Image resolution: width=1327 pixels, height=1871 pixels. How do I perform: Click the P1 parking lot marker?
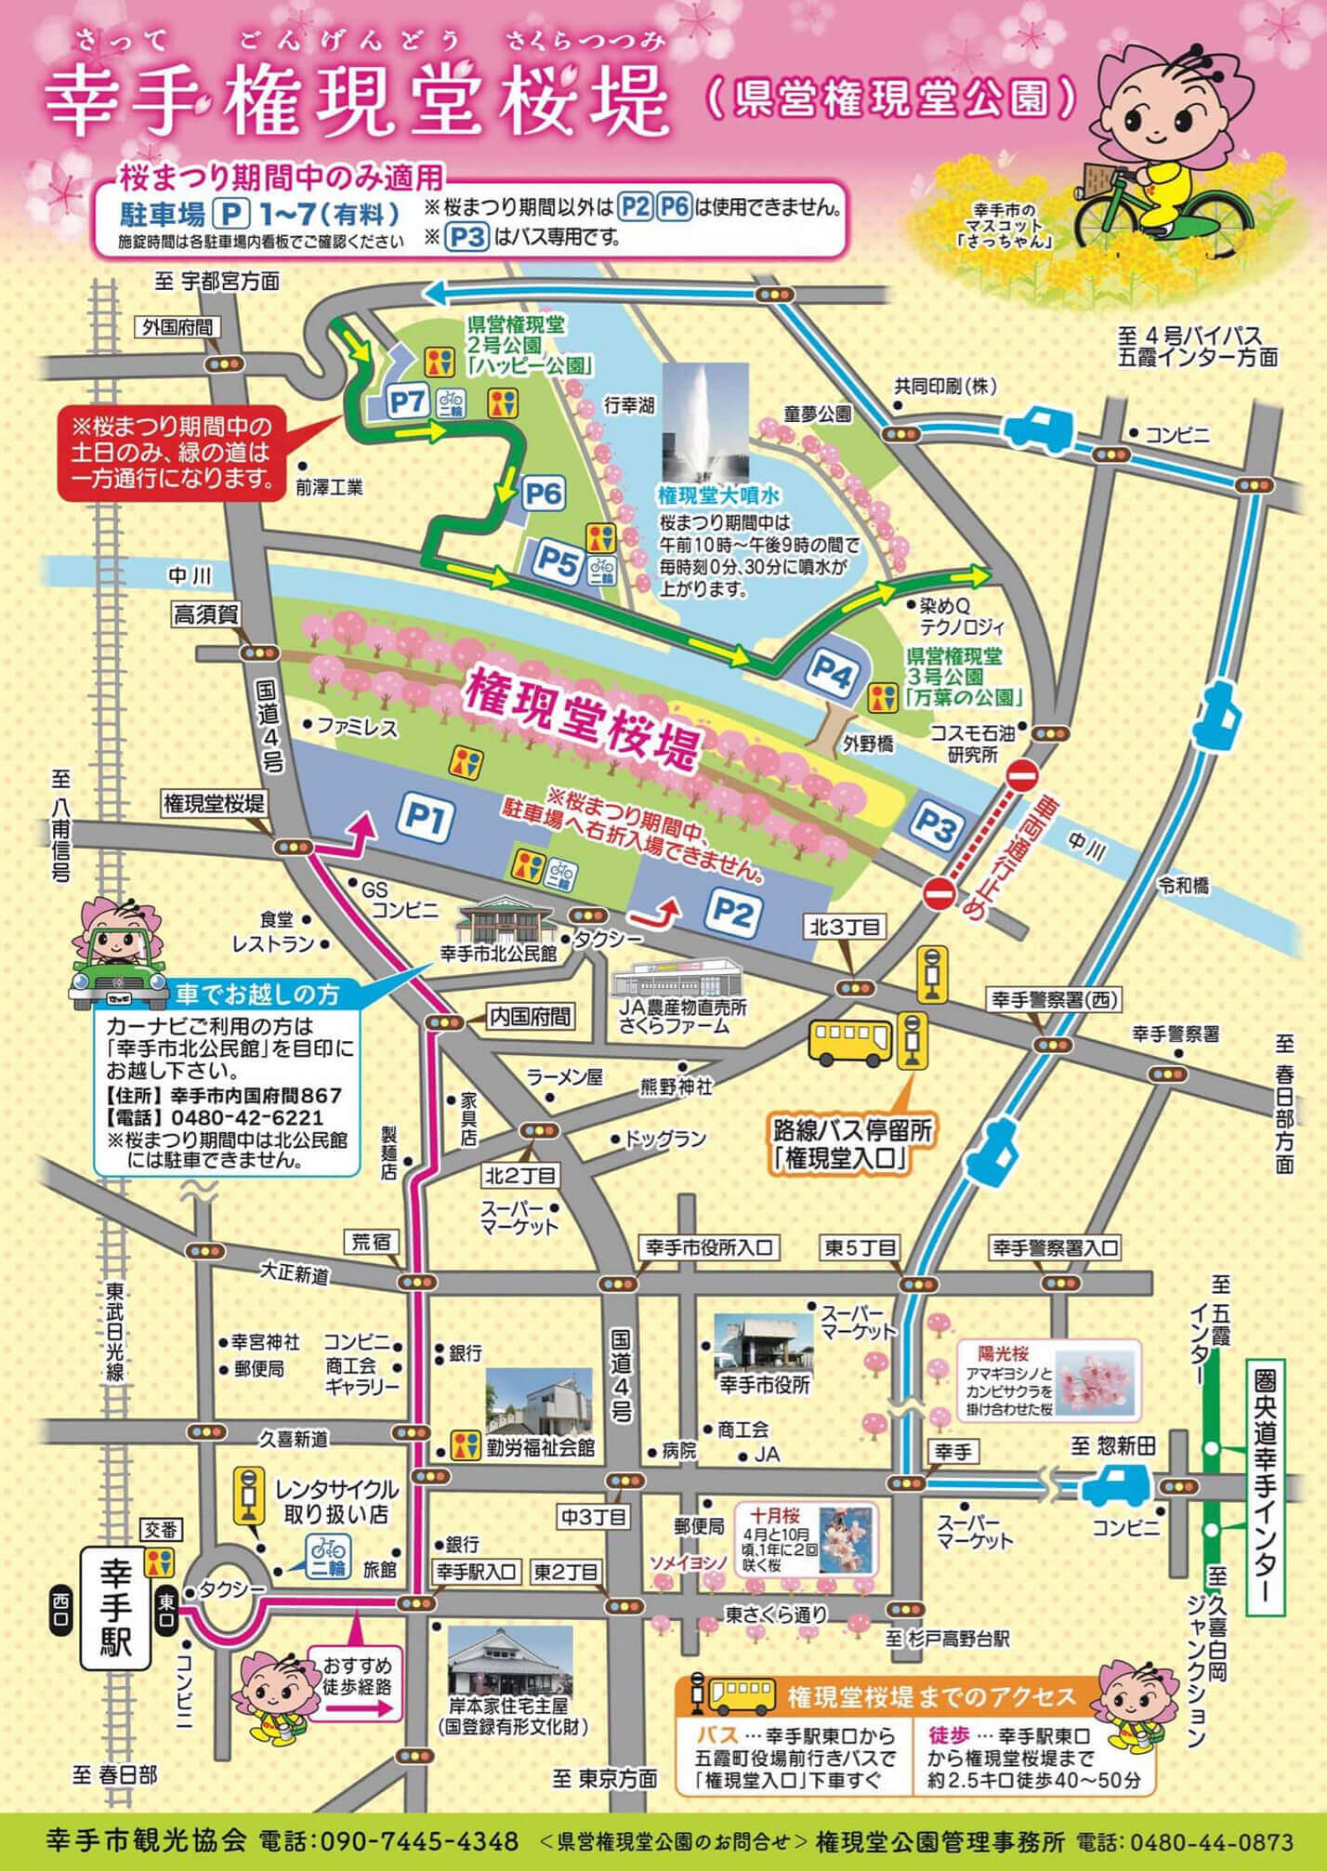point(426,818)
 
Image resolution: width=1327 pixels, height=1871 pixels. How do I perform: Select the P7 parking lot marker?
point(407,402)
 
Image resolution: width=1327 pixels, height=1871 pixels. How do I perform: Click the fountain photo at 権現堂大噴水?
point(705,421)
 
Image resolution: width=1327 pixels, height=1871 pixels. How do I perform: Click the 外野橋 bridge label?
point(868,744)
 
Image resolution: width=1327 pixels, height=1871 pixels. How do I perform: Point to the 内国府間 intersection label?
point(531,1017)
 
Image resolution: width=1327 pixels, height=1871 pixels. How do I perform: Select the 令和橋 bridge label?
point(1182,885)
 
